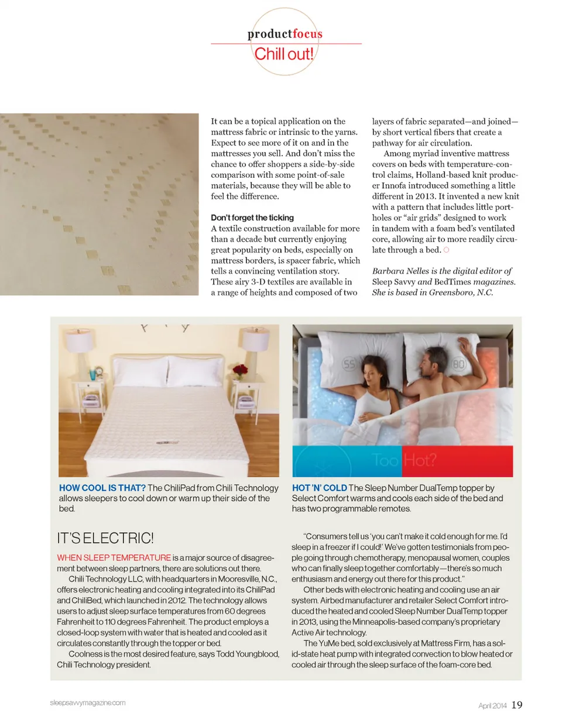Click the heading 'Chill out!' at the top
pyautogui.click(x=284, y=54)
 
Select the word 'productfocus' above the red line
pyautogui.click(x=285, y=34)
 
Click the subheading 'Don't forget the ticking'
pyautogui.click(x=252, y=218)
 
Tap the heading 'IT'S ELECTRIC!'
pyautogui.click(x=105, y=538)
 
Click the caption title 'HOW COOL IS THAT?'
pyautogui.click(x=102, y=488)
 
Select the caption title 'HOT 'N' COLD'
pyautogui.click(x=319, y=488)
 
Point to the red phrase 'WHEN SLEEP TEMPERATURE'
pyautogui.click(x=114, y=558)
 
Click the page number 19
pyautogui.click(x=517, y=705)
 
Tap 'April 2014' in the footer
pyautogui.click(x=492, y=706)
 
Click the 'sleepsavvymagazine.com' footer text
pyautogui.click(x=88, y=703)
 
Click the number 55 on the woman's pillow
pyautogui.click(x=349, y=364)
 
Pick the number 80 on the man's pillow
pyautogui.click(x=458, y=364)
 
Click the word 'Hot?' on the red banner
pyautogui.click(x=420, y=460)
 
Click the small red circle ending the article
pyautogui.click(x=446, y=250)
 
